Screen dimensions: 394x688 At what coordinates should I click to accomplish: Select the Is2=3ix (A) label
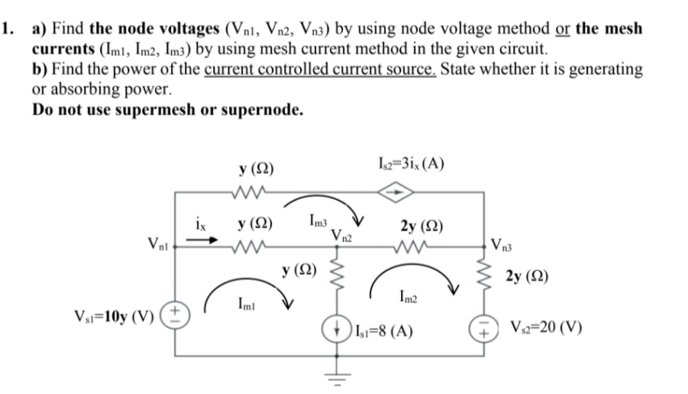click(x=412, y=165)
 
